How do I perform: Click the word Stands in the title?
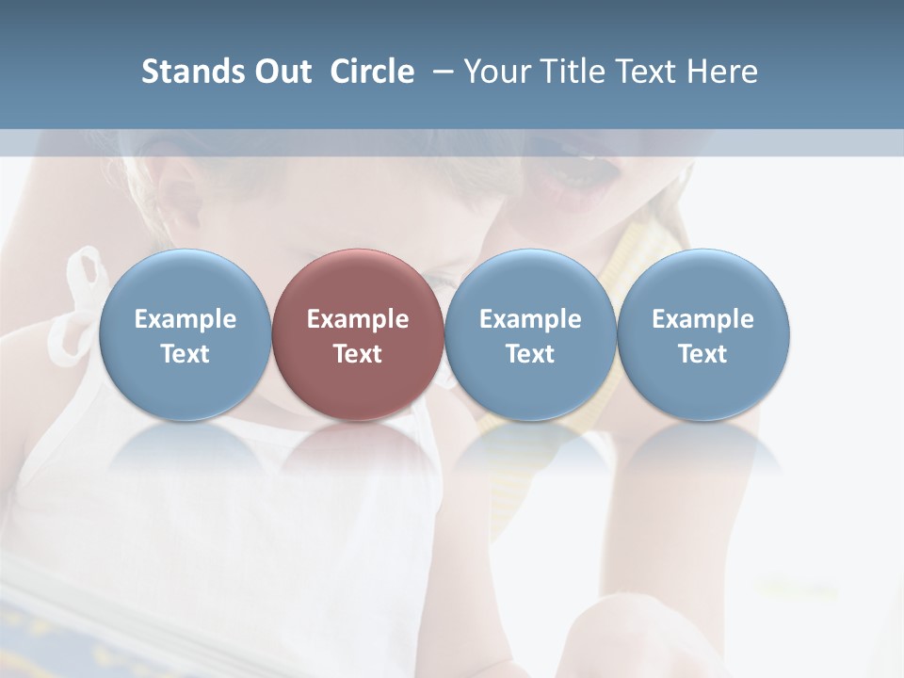[186, 72]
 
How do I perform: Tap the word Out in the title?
[281, 72]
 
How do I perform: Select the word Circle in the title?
[372, 72]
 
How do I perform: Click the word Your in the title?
[496, 72]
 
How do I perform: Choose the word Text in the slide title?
[642, 72]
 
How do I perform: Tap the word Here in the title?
[719, 72]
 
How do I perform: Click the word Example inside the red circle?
[358, 319]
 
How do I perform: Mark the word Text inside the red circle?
[358, 354]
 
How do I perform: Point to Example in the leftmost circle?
[185, 319]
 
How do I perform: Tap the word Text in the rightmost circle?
[702, 354]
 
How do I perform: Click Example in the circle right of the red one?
[530, 319]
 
